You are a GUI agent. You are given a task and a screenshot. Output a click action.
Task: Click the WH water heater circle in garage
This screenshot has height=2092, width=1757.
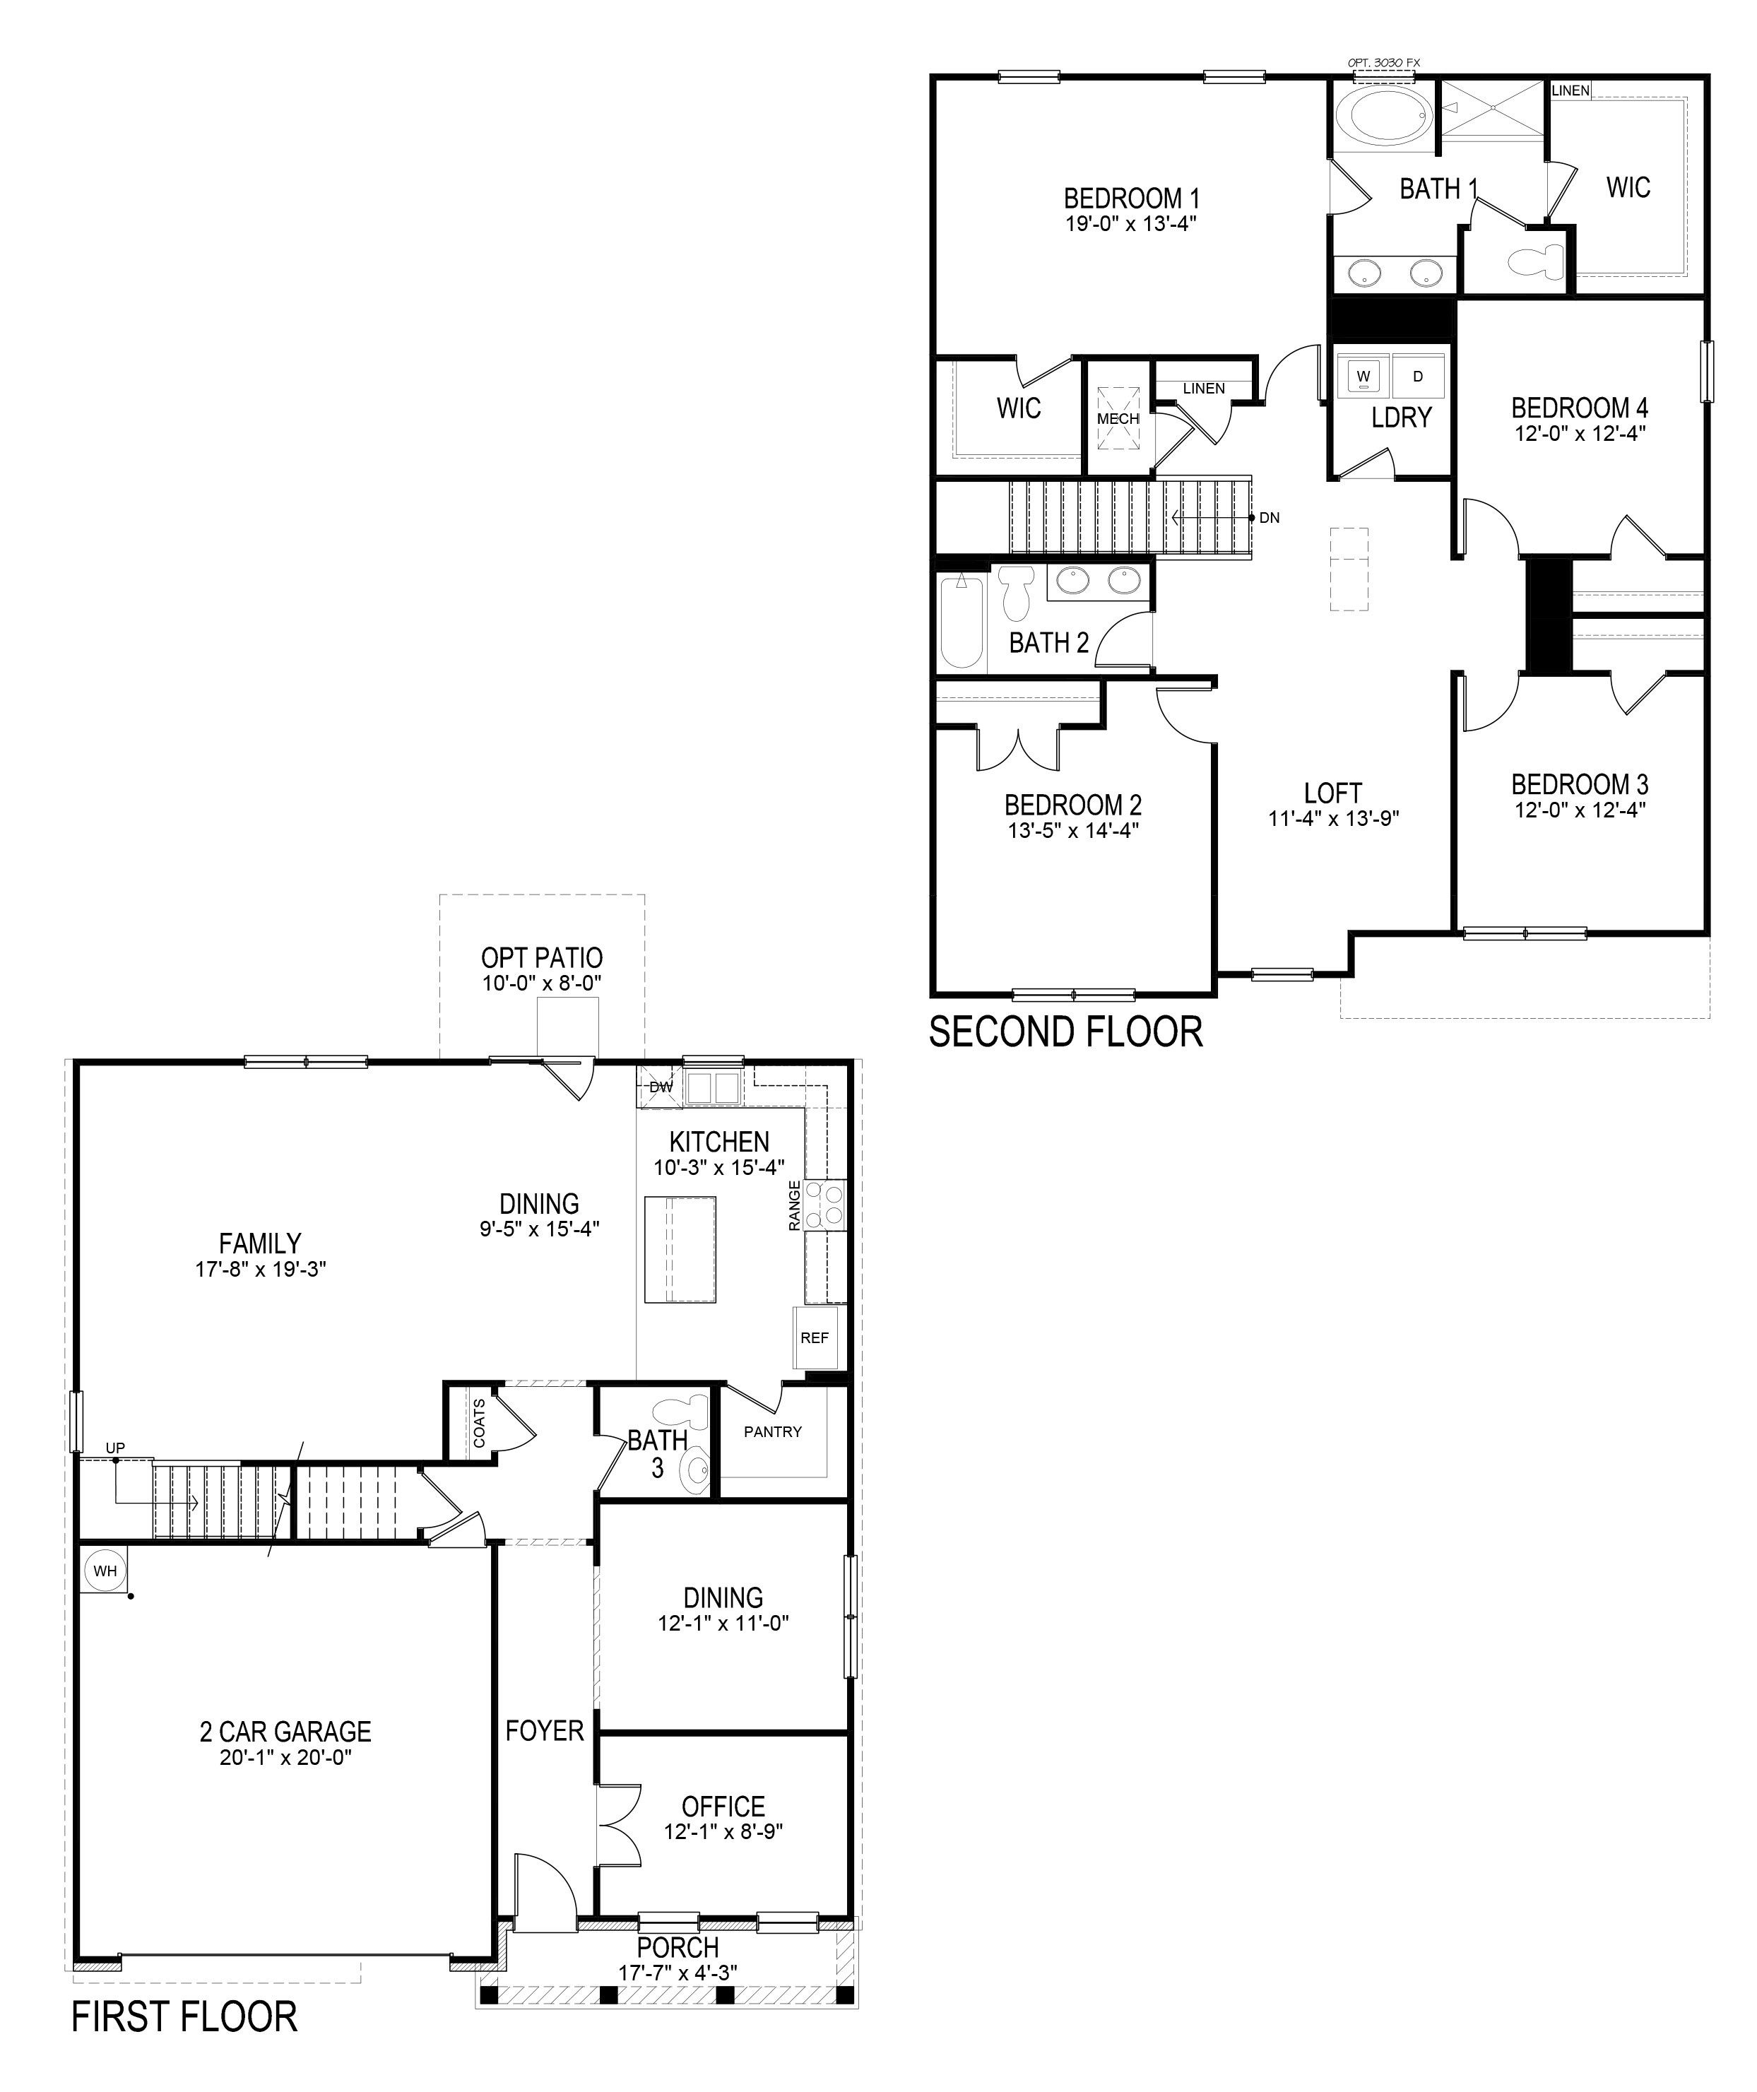(x=105, y=1571)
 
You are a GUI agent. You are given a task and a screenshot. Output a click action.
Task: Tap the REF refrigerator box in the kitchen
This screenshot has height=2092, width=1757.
(x=814, y=1338)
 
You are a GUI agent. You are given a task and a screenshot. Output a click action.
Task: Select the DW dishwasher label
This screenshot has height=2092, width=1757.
(x=661, y=1087)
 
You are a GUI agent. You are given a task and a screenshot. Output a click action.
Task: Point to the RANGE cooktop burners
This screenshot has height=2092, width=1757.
(x=826, y=1205)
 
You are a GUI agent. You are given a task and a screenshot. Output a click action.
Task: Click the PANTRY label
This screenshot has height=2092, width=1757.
(x=772, y=1431)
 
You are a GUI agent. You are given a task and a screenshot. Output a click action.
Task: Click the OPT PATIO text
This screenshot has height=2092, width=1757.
(x=542, y=957)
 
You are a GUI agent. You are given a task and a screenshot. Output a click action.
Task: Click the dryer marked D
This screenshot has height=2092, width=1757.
(x=1419, y=377)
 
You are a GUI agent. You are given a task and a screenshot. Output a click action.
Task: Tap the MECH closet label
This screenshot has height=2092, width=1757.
(x=1118, y=418)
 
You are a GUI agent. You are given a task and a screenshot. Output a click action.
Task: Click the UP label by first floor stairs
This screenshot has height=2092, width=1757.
(x=116, y=1448)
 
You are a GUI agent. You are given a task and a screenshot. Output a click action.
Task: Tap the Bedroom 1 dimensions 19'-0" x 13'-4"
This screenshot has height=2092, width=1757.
(x=1130, y=223)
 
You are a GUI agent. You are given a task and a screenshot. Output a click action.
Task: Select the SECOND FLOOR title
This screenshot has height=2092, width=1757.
(x=1066, y=1032)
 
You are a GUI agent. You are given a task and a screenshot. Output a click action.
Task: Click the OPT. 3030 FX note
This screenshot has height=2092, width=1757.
(x=1383, y=61)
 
